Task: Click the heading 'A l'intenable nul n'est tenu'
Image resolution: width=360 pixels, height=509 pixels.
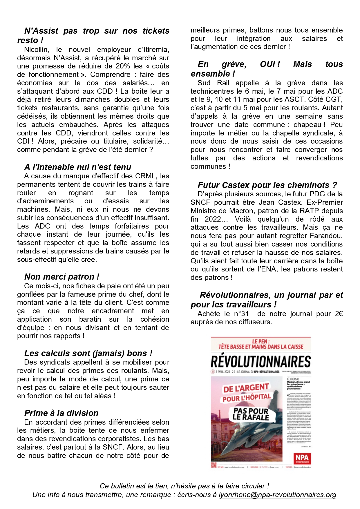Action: pos(77,167)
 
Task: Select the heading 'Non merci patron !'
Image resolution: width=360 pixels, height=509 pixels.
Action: pos(61,277)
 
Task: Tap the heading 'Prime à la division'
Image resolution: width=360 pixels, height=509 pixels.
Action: pos(61,413)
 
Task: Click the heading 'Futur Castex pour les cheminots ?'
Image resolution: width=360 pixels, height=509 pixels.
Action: pos(267,185)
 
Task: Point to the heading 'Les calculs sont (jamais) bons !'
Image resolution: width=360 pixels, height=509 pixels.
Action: pos(88,353)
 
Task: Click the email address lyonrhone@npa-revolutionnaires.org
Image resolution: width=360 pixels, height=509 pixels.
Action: pos(277,495)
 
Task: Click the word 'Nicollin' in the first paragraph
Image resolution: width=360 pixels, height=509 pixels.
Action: pos(36,50)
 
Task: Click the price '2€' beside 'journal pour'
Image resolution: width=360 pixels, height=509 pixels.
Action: pos(339,314)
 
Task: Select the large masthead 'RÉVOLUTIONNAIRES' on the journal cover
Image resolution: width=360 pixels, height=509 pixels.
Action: pos(260,362)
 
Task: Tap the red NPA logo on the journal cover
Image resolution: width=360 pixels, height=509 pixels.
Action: pos(302,458)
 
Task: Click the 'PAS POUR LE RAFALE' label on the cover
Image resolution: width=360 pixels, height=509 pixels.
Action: pos(251,414)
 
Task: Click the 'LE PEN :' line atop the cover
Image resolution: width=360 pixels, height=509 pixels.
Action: pos(261,341)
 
